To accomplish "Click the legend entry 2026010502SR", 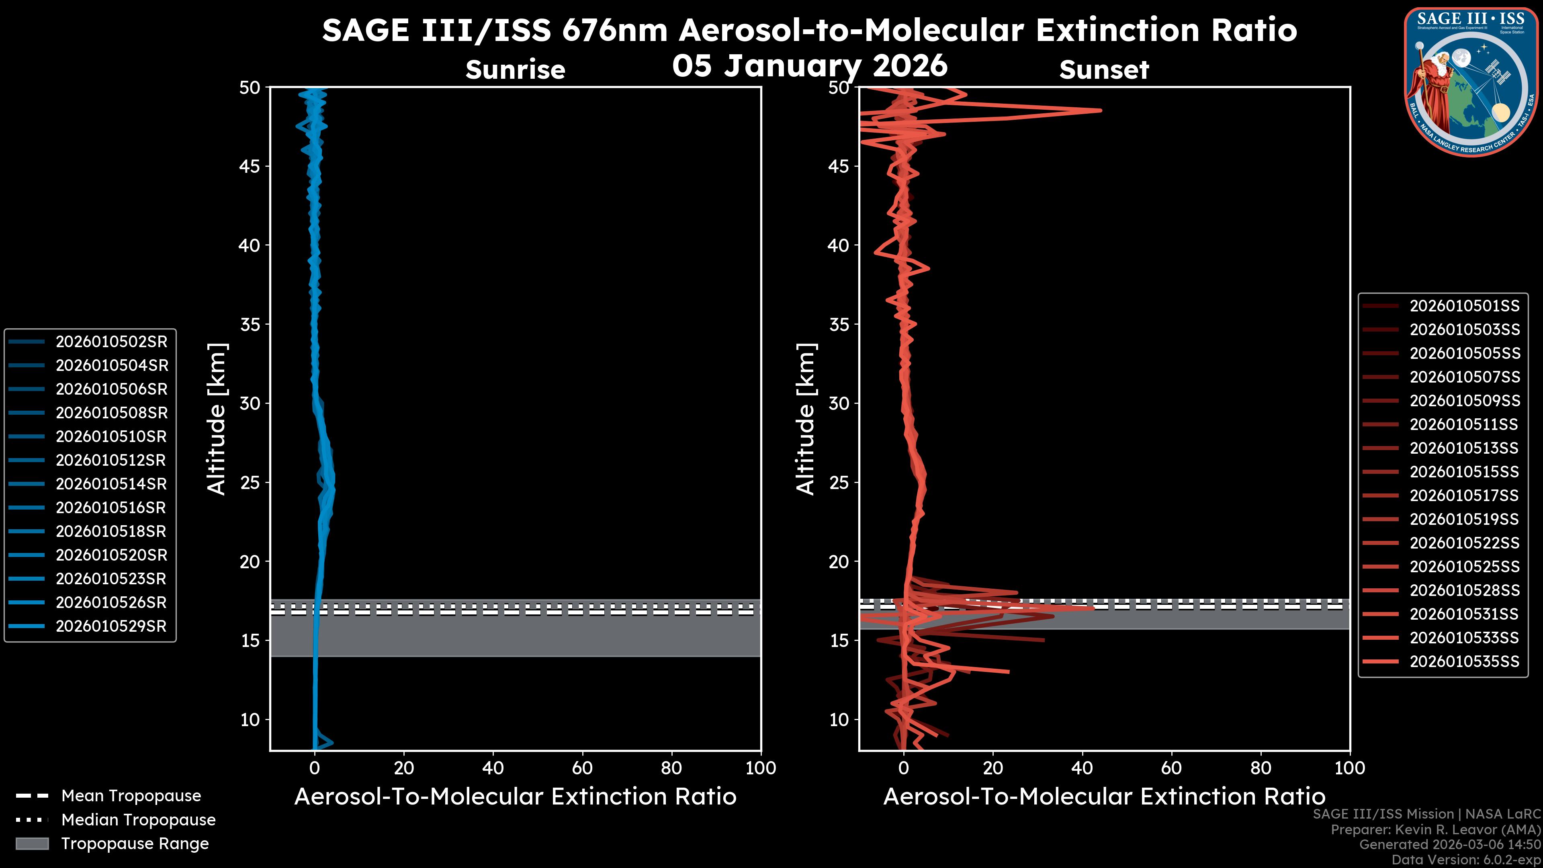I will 111,342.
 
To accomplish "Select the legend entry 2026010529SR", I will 111,626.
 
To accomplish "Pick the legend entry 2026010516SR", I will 111,508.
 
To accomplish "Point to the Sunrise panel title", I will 515,70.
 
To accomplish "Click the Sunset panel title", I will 1104,70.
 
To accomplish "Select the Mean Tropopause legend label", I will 131,796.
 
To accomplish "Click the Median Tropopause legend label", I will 138,820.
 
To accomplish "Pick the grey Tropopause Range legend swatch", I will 32,844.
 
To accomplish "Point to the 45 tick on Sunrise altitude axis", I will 250,166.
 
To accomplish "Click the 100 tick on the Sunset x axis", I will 1350,768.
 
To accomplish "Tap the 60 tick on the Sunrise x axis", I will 582,768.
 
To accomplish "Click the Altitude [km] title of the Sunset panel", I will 806,419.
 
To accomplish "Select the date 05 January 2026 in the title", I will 810,65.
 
